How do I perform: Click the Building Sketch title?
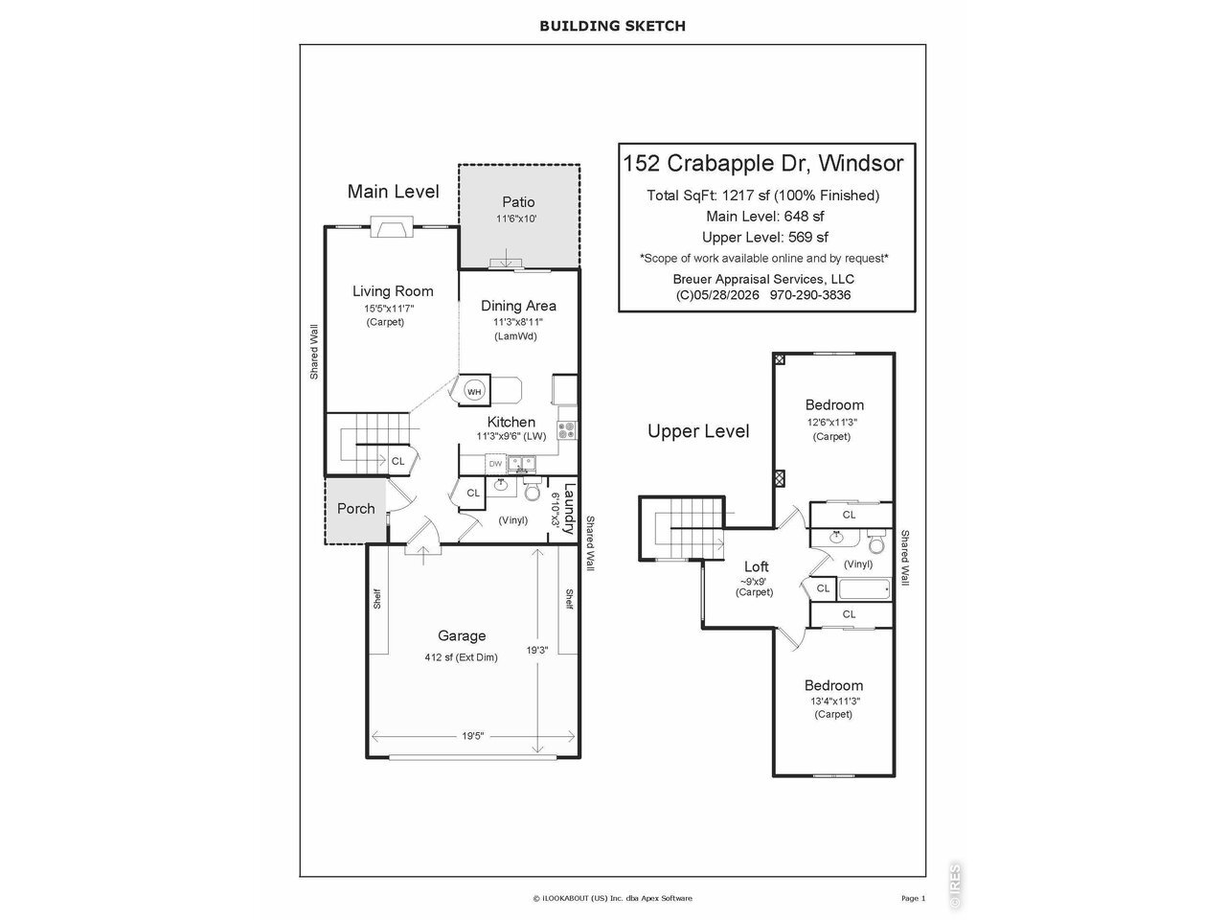coord(612,26)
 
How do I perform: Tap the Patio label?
coord(518,201)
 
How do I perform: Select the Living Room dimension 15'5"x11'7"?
coord(389,309)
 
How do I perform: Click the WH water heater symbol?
coord(474,392)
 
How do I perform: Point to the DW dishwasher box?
coord(495,464)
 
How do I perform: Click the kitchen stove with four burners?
coord(567,430)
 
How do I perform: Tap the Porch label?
coord(355,508)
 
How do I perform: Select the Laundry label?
coord(569,509)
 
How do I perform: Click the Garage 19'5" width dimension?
coord(472,736)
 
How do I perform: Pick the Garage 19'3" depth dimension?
coord(537,650)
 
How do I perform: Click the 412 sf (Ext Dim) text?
coord(461,657)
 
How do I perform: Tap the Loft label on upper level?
coord(757,566)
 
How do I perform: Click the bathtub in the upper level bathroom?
coord(864,590)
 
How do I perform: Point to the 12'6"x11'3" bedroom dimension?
coord(831,423)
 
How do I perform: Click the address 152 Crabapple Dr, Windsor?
coord(763,163)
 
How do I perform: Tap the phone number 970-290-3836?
coord(810,295)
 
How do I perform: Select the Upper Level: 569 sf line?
coord(764,237)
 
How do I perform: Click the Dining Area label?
coord(518,306)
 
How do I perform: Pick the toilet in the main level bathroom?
coord(533,489)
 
